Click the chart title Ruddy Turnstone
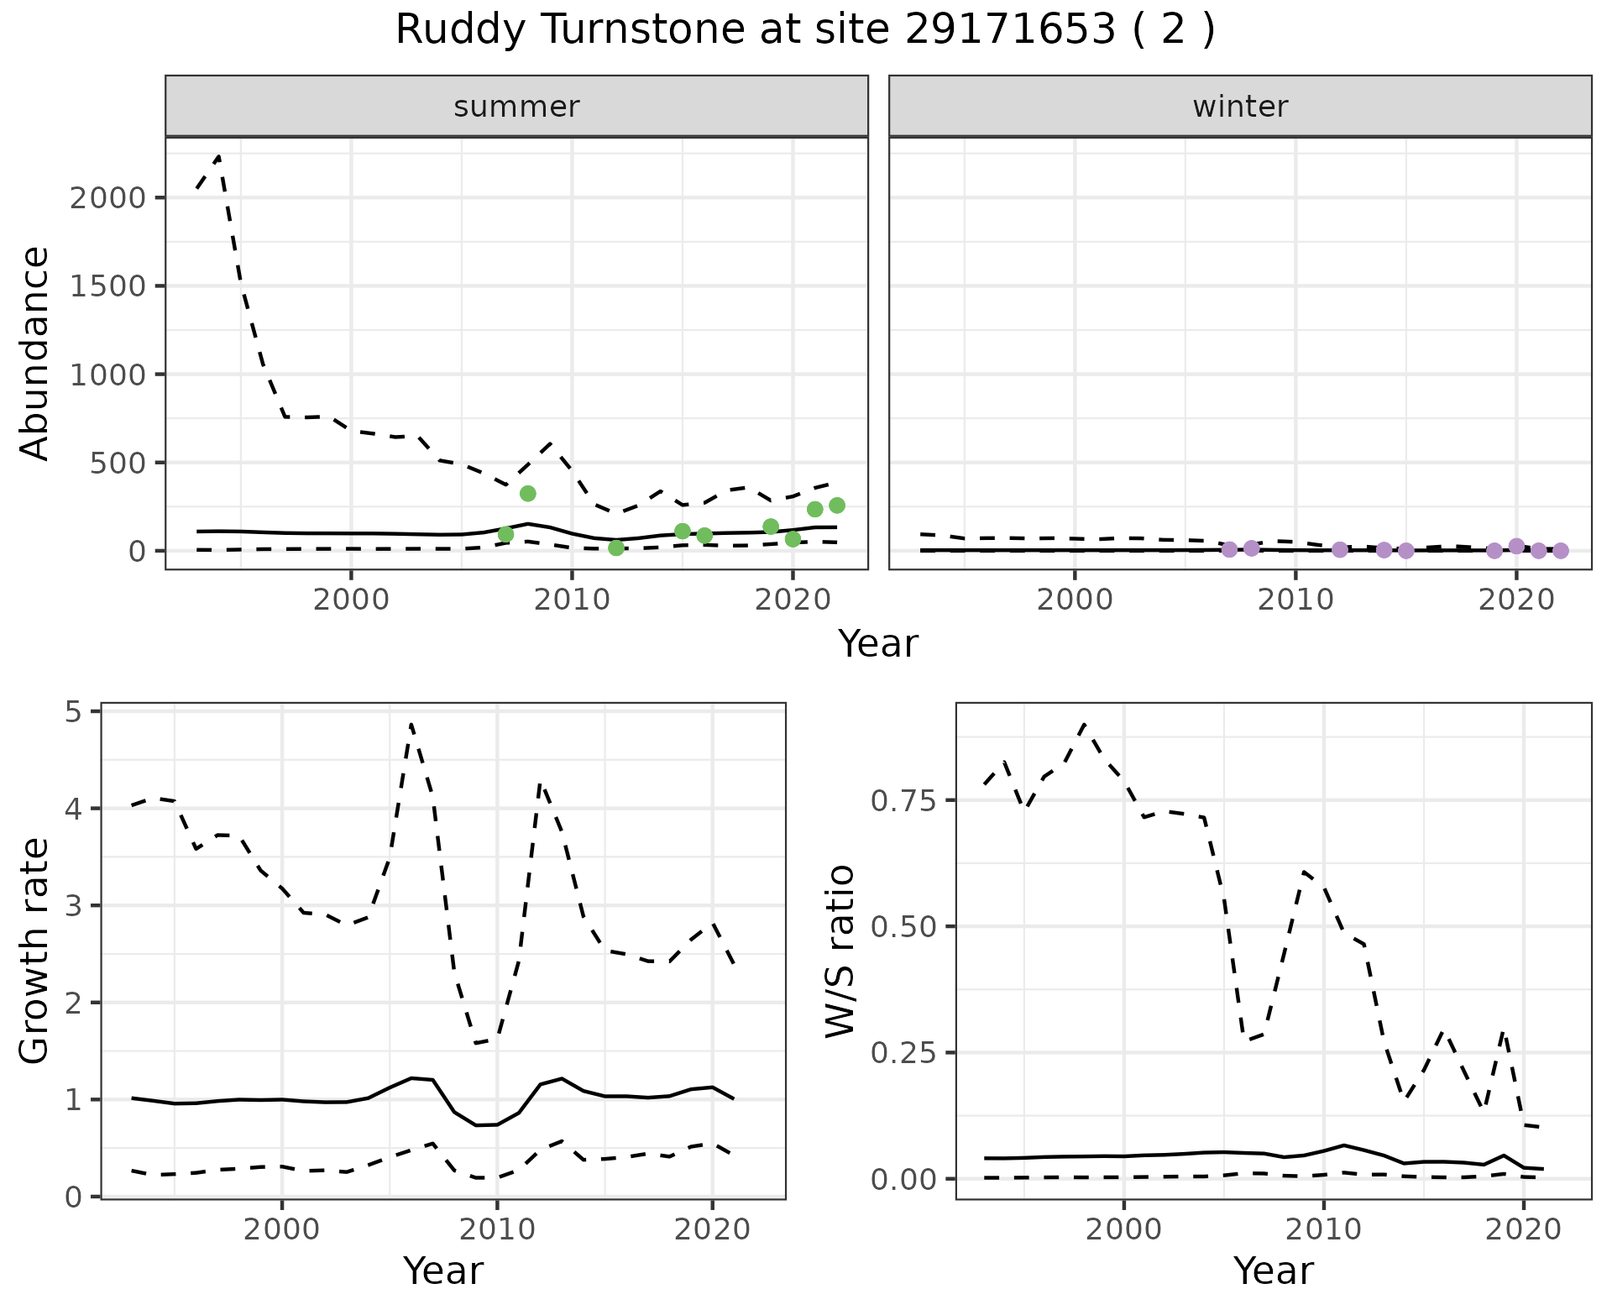[x=804, y=30]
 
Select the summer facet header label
[x=516, y=107]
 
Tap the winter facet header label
[x=1240, y=107]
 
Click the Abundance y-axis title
[x=35, y=353]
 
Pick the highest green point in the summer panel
[x=527, y=493]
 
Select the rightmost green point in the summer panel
[x=836, y=505]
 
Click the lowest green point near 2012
[x=616, y=548]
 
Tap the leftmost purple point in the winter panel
[x=1229, y=549]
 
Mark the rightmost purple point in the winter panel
[x=1560, y=551]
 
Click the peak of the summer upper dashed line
[x=218, y=156]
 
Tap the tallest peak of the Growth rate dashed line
[x=411, y=724]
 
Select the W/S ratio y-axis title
[x=840, y=951]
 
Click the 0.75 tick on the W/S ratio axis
[x=902, y=801]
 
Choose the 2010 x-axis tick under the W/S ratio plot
[x=1323, y=1230]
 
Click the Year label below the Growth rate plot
[x=443, y=1271]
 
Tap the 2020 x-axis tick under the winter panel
[x=1516, y=600]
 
